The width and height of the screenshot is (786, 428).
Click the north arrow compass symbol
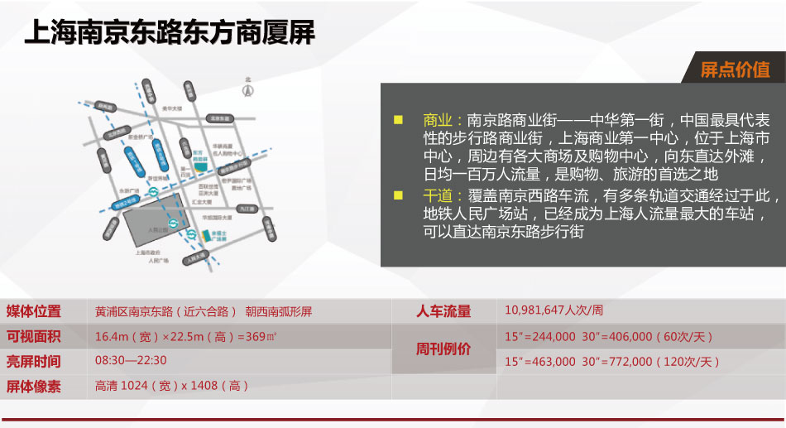tap(246, 89)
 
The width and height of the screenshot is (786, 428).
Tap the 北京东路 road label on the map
tap(218, 118)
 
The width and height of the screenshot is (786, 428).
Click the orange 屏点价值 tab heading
tap(735, 70)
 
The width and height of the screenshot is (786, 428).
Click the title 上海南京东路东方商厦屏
tap(170, 34)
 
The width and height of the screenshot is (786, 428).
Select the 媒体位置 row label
tap(34, 312)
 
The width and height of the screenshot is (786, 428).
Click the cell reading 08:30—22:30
tap(131, 361)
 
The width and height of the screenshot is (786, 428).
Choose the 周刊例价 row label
tap(443, 349)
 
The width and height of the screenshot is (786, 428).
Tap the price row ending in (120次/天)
tap(611, 362)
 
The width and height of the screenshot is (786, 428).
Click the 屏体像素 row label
tap(34, 386)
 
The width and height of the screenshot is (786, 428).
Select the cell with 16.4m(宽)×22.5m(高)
tap(185, 337)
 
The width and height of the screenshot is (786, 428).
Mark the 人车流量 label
tap(443, 312)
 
